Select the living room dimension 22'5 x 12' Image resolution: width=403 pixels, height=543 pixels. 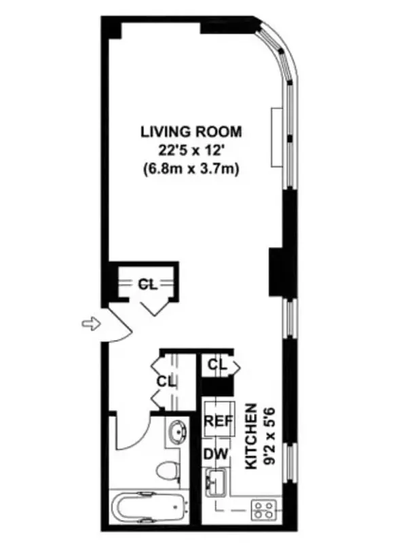coord(191,150)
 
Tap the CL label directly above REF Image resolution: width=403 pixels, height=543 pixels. coord(216,365)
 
